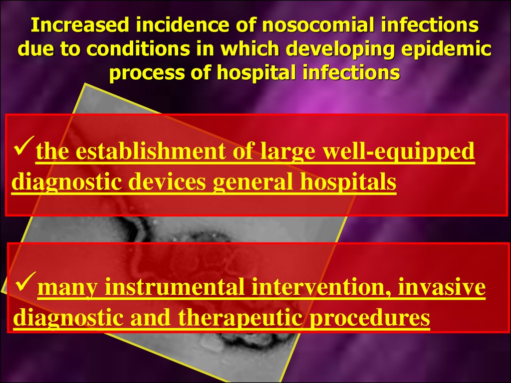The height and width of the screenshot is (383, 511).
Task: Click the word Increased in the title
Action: point(80,25)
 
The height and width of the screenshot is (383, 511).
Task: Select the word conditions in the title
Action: point(138,49)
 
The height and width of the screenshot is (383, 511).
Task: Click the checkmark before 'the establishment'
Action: point(23,146)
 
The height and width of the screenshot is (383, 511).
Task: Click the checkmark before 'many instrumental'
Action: point(25,282)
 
